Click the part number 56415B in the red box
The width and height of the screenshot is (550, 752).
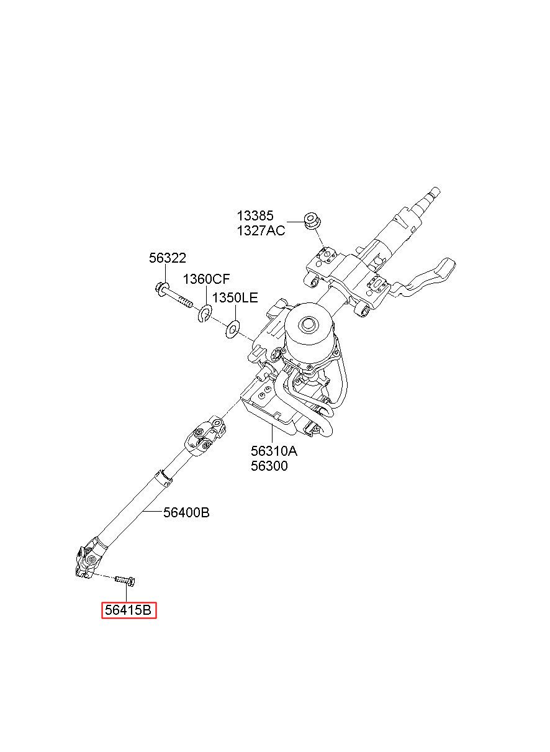click(128, 611)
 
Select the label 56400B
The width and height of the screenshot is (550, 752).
click(186, 513)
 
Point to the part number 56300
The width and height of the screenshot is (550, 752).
click(269, 466)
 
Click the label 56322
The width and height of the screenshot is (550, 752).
click(167, 259)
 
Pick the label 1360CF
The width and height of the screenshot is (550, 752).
click(206, 279)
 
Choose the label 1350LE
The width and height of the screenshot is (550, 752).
click(235, 297)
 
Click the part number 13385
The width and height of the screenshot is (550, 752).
click(255, 216)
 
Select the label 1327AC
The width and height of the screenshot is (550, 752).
click(261, 231)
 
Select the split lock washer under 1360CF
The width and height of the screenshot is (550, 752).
click(205, 315)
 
